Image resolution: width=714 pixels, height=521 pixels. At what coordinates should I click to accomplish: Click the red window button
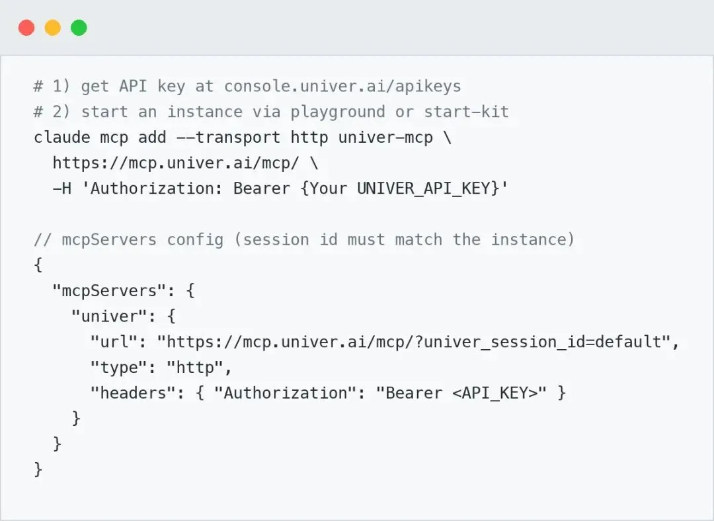click(x=26, y=27)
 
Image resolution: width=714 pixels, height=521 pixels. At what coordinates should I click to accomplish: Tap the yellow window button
click(x=53, y=27)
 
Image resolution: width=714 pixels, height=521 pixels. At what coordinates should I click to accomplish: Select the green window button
click(x=79, y=27)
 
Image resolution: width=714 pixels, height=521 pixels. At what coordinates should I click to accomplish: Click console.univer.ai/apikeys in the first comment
click(x=342, y=87)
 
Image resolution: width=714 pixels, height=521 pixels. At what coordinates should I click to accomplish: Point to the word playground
click(x=337, y=112)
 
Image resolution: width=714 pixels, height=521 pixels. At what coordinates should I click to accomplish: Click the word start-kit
click(x=466, y=112)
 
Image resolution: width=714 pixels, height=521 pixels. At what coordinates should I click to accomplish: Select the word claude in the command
click(x=62, y=137)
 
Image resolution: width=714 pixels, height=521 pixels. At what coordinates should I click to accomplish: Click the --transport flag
click(x=227, y=137)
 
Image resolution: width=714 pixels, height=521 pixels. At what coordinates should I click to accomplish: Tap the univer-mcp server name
click(x=385, y=137)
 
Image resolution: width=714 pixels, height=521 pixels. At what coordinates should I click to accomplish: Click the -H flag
click(x=62, y=188)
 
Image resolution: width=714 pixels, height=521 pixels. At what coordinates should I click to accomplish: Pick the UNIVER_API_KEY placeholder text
click(x=424, y=188)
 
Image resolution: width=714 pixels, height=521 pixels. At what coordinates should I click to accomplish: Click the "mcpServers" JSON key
click(x=109, y=290)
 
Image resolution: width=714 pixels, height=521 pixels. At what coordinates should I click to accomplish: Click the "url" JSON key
click(x=114, y=342)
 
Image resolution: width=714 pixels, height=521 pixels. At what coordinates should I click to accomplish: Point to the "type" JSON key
click(x=118, y=367)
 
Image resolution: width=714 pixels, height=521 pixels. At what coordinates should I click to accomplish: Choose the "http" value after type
click(x=195, y=367)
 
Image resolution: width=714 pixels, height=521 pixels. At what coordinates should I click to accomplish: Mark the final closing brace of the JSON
click(x=38, y=469)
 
